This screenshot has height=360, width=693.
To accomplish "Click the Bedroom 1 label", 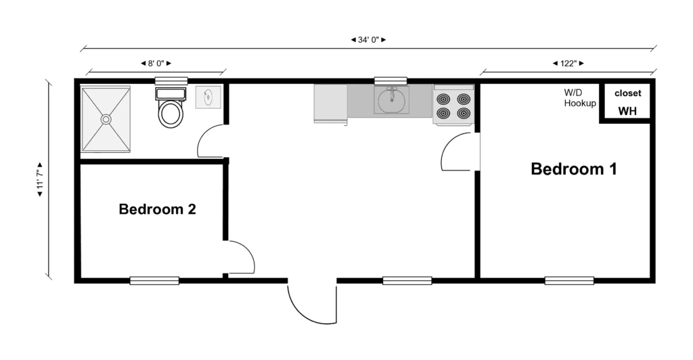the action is [574, 168].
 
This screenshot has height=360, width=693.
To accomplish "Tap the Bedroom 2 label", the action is [157, 209].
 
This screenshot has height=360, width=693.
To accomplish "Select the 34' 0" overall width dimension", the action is [369, 40].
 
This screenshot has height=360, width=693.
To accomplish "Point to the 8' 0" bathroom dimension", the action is [156, 64].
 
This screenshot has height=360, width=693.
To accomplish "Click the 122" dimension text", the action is [568, 64].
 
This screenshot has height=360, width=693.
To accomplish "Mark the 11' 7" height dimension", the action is [40, 179].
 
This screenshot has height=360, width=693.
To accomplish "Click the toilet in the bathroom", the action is [171, 108].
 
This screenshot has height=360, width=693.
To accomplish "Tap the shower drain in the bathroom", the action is [106, 119].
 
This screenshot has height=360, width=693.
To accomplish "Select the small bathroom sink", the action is [208, 97].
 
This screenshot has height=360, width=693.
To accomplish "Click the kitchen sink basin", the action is [391, 100].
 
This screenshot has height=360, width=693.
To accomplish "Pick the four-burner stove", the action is [453, 105].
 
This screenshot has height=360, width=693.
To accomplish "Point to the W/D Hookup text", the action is [580, 98].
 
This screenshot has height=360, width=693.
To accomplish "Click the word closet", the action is [627, 93].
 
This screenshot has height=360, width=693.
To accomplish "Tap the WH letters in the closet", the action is [627, 111].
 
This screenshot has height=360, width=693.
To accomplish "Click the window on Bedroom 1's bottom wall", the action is [569, 281].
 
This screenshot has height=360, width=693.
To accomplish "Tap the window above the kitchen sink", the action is [390, 81].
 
